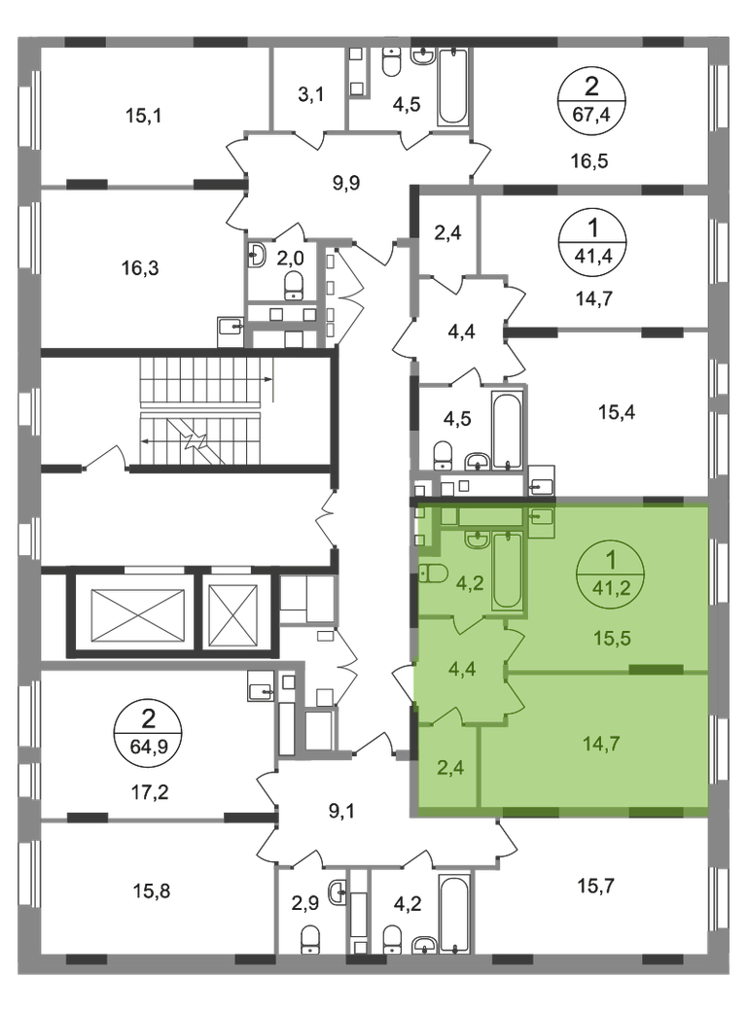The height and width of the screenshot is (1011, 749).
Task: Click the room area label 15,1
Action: tap(143, 116)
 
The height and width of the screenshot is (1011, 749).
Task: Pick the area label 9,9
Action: tap(345, 183)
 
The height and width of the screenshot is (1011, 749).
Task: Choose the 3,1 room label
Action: tap(311, 95)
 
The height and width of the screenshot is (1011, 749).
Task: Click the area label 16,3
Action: tap(140, 267)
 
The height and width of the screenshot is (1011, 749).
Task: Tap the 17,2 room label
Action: tap(150, 791)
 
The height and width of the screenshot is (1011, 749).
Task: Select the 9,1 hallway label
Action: tap(342, 811)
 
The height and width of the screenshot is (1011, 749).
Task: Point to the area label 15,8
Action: tap(152, 891)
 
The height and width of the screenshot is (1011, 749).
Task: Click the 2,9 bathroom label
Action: tap(304, 904)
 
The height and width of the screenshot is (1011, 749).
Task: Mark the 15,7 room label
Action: tap(596, 886)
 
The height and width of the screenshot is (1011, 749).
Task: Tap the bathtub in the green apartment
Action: tap(507, 571)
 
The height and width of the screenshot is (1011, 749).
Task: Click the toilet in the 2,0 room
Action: tap(294, 285)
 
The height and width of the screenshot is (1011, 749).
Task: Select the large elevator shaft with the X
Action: tap(137, 614)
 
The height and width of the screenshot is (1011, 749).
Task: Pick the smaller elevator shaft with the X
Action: tap(234, 614)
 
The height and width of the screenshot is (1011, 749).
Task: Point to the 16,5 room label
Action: tap(589, 161)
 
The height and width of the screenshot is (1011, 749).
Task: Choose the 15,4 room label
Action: tap(617, 411)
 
